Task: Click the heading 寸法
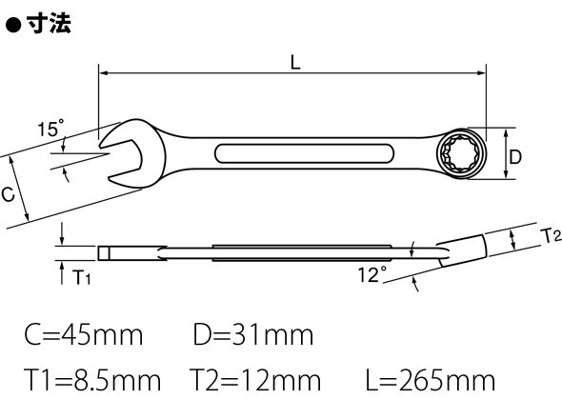pos(49,24)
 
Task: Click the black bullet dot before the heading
pos(13,26)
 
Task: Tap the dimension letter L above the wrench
pos(295,63)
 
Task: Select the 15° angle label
pos(50,128)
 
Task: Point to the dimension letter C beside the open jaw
pos(8,194)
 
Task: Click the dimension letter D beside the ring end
pos(515,157)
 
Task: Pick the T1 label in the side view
pos(82,277)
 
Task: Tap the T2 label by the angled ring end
pos(551,236)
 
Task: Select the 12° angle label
pos(372,274)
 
